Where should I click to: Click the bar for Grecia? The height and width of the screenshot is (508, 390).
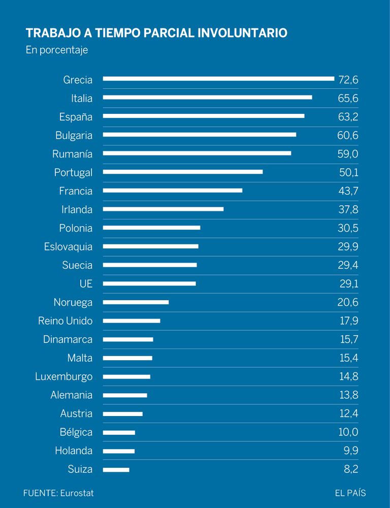[x=218, y=79]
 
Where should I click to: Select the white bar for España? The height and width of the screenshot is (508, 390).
[x=204, y=116]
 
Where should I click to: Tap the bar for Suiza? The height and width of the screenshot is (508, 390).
[x=116, y=469]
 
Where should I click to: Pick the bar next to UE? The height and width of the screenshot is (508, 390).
[x=149, y=283]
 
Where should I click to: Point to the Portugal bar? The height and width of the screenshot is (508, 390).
[x=183, y=172]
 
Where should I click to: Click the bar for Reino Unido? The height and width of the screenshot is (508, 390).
[x=132, y=321]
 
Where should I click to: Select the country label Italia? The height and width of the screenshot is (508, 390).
[x=82, y=99]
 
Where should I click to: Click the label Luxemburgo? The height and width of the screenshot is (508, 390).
[x=64, y=377]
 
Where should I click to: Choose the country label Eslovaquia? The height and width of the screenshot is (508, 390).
[x=69, y=247]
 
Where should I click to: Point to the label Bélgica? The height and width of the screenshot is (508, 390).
[x=76, y=432]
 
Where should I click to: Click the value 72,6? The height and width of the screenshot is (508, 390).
[x=348, y=80]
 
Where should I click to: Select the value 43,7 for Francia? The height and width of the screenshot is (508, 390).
[x=348, y=191]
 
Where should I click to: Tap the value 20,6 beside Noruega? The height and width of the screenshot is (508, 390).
[x=348, y=302]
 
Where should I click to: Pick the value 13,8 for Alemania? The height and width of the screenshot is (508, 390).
[x=349, y=395]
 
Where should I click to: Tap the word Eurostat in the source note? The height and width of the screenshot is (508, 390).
[x=77, y=493]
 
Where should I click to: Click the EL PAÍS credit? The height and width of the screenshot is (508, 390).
[x=350, y=493]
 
